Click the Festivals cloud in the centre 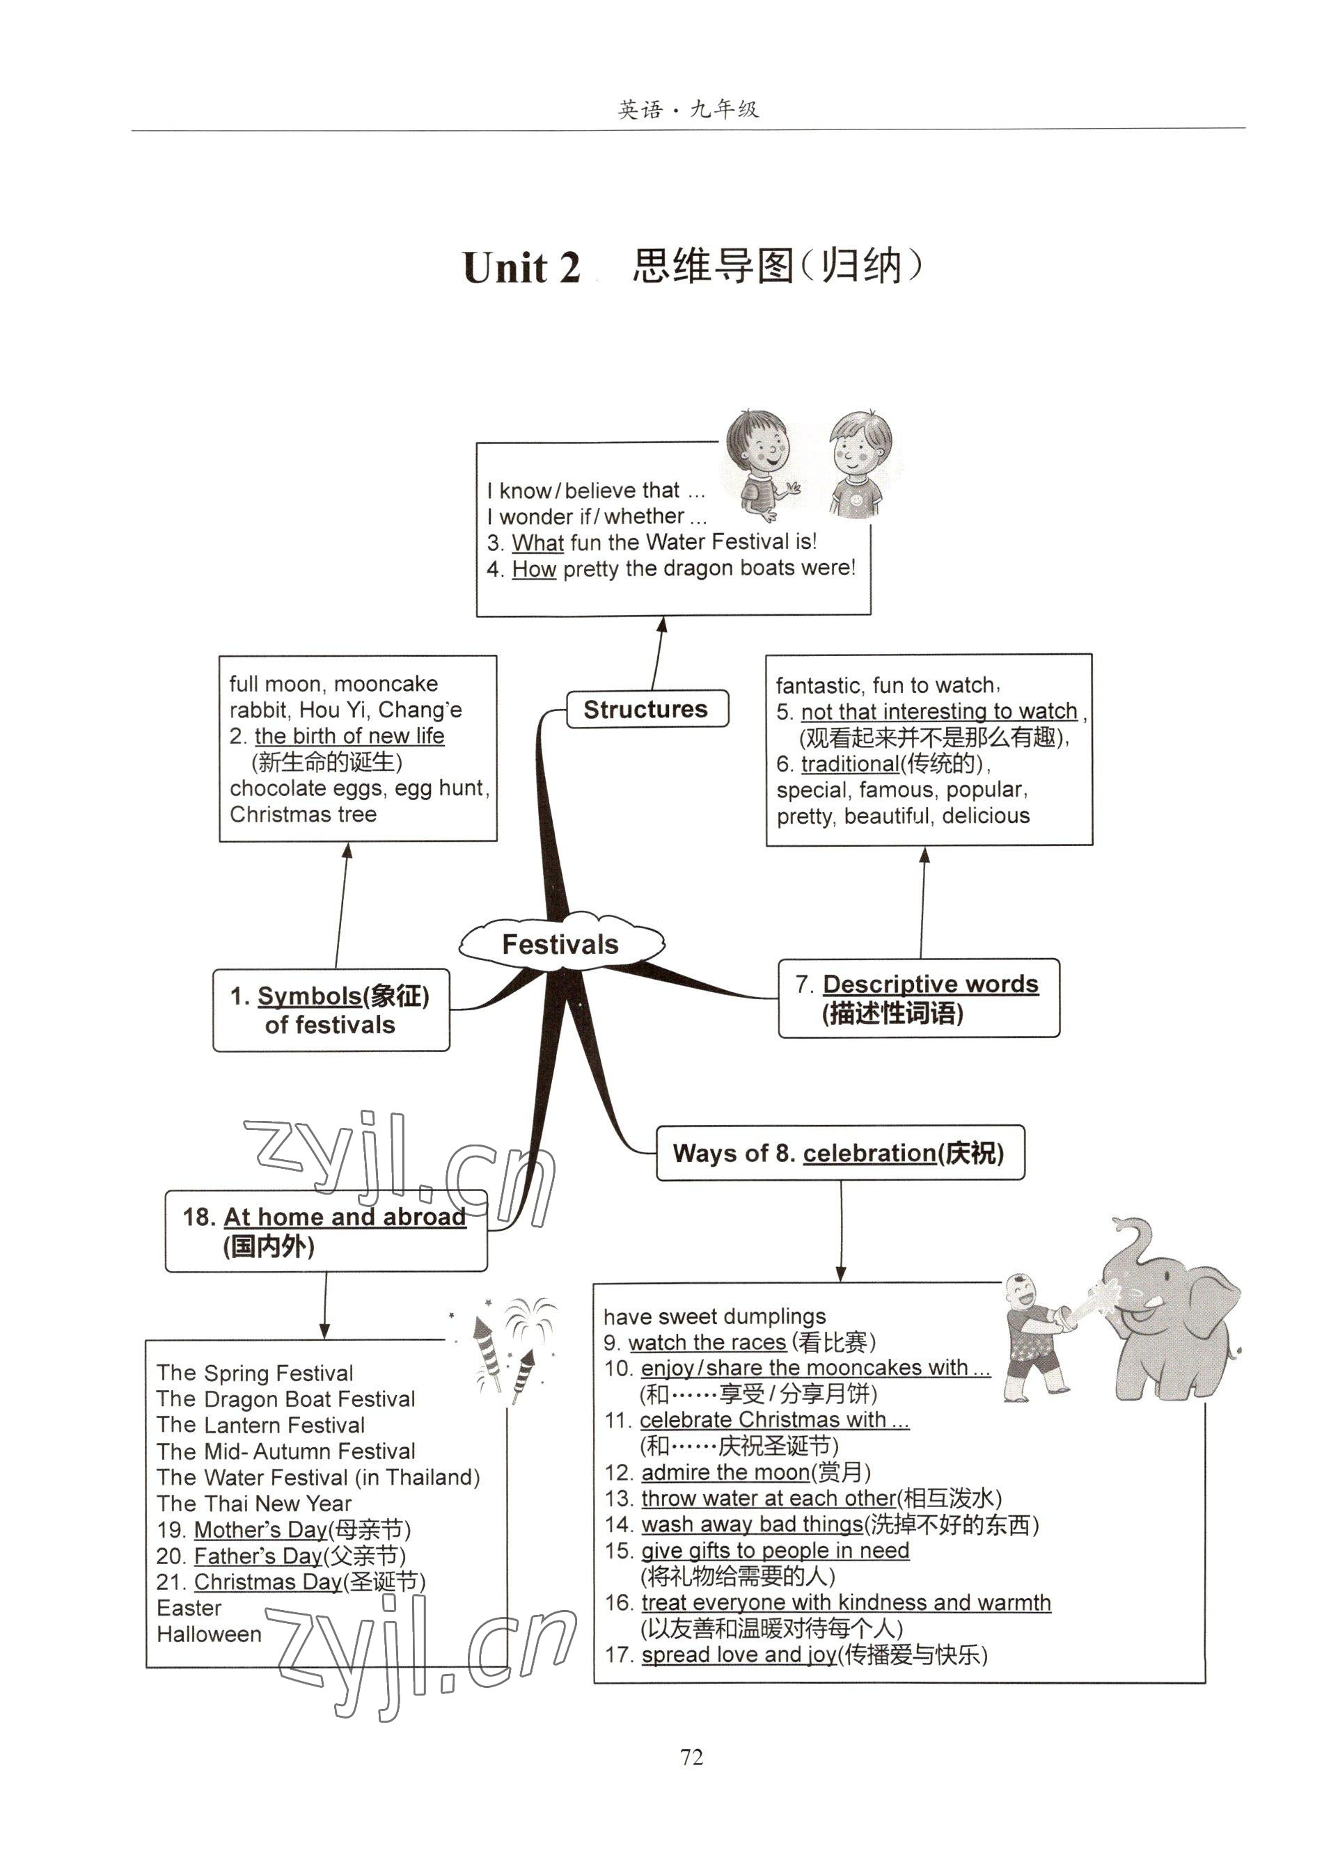(x=560, y=944)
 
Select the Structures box (x=646, y=708)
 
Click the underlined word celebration (x=869, y=1153)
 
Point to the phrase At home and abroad (x=344, y=1217)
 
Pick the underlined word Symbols (x=309, y=996)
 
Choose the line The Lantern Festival (x=260, y=1425)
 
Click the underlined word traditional (x=849, y=763)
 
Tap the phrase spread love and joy (x=738, y=1654)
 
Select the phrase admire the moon (x=725, y=1472)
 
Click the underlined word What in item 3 (x=537, y=542)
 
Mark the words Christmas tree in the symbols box (x=303, y=814)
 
